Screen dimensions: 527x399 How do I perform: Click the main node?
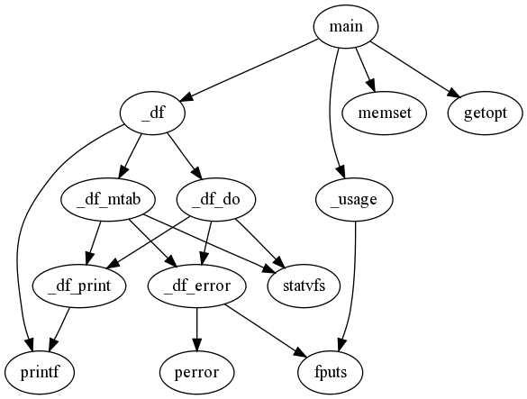pyautogui.click(x=346, y=26)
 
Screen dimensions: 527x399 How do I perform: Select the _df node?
pyautogui.click(x=152, y=113)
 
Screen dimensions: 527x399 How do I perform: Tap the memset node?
pyautogui.click(x=385, y=113)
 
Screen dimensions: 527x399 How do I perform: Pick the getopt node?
pyautogui.click(x=485, y=113)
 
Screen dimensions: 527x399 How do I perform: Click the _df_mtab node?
pyautogui.click(x=108, y=200)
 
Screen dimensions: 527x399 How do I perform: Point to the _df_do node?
pyautogui.click(x=216, y=200)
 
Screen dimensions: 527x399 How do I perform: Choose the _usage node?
pyautogui.click(x=354, y=200)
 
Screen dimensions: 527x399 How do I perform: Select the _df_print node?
pyautogui.click(x=79, y=286)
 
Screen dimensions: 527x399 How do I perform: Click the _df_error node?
pyautogui.click(x=197, y=286)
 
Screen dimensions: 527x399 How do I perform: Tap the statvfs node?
pyautogui.click(x=304, y=286)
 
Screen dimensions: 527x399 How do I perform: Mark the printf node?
pyautogui.click(x=40, y=373)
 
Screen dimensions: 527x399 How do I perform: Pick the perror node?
pyautogui.click(x=197, y=373)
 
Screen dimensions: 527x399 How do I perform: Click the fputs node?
pyautogui.click(x=331, y=373)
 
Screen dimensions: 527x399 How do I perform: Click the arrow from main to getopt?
pyautogui.click(x=414, y=69)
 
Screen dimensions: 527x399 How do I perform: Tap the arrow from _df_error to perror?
pyautogui.click(x=197, y=330)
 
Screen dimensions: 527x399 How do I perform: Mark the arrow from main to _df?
pyautogui.click(x=250, y=70)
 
